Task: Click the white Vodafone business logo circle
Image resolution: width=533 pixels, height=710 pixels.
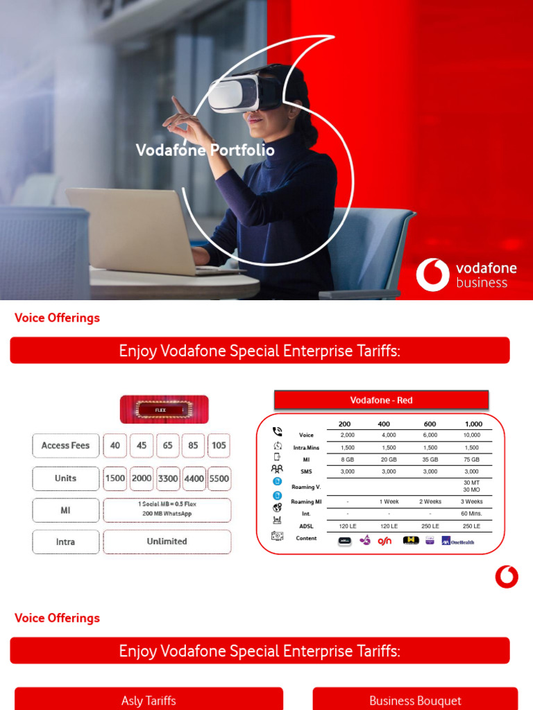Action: (432, 275)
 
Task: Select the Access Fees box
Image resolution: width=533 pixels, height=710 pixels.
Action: (65, 446)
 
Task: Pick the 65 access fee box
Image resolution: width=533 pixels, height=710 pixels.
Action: (168, 446)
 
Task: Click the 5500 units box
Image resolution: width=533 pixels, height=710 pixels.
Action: (219, 478)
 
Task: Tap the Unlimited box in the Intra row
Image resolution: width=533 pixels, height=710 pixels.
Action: (167, 542)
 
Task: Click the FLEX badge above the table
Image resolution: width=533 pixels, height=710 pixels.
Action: (164, 410)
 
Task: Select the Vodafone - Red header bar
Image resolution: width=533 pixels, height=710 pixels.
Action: (381, 400)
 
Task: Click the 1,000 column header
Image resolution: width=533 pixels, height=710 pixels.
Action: (473, 424)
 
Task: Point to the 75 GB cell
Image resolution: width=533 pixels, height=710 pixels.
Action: (471, 460)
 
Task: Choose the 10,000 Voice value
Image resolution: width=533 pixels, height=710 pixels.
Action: (471, 435)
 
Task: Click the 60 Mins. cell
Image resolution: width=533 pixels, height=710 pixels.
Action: (471, 514)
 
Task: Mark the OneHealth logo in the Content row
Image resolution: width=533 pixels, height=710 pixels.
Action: (459, 541)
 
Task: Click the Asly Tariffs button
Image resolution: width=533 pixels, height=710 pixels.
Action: (149, 700)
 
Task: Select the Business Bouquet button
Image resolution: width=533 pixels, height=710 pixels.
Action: (415, 700)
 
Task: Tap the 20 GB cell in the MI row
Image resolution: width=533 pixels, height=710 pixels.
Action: (389, 460)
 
